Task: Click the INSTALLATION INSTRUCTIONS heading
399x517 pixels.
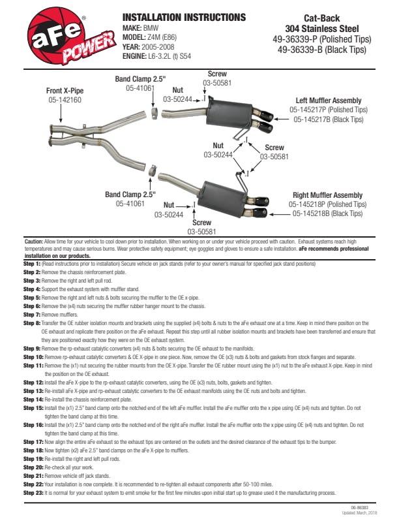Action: coord(185,18)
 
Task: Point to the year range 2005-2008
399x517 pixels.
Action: coord(158,47)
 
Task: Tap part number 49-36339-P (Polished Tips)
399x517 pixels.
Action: coord(321,39)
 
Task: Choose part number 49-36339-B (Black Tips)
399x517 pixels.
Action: coord(321,49)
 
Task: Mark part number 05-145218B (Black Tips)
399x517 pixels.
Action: coord(329,213)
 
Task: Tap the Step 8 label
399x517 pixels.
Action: coord(32,322)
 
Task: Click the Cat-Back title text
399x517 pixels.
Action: coord(321,19)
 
